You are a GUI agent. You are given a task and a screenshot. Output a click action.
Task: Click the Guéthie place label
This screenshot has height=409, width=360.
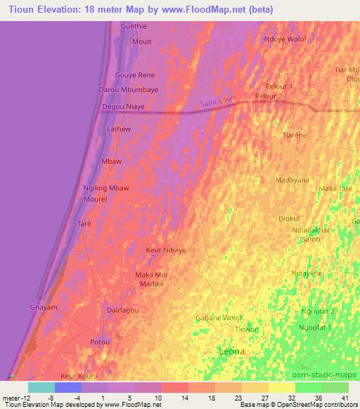click(x=134, y=26)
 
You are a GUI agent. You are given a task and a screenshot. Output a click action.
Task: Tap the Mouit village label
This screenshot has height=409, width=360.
click(x=141, y=41)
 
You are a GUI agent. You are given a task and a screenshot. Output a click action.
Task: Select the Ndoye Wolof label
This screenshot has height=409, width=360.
click(x=285, y=39)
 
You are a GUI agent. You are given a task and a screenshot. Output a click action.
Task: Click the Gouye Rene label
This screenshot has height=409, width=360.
click(x=135, y=75)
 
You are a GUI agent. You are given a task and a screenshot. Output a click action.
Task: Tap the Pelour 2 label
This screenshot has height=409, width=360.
click(x=269, y=96)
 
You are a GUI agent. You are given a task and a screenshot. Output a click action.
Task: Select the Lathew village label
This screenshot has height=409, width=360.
click(x=118, y=129)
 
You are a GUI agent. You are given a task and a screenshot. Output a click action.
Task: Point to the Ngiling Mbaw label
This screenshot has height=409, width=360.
click(x=106, y=188)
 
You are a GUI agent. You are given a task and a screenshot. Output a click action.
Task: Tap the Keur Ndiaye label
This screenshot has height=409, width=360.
click(x=165, y=249)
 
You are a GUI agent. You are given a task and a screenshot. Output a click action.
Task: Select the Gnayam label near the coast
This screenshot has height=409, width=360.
click(x=43, y=308)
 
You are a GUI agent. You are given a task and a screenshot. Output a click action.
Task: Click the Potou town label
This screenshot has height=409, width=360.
click(x=101, y=342)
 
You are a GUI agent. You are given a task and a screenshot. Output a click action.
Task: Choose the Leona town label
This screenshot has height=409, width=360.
click(x=233, y=350)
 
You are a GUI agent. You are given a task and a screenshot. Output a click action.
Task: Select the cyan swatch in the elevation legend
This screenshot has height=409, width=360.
click(x=41, y=387)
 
